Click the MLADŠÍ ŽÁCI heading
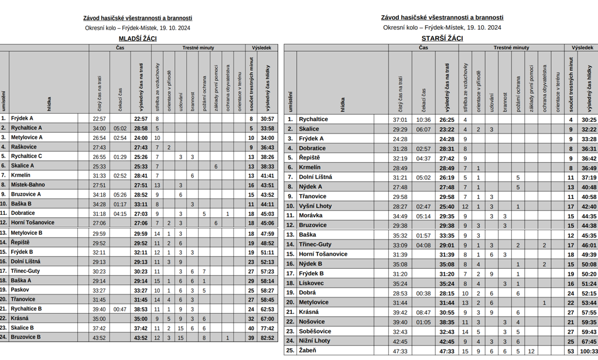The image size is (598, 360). click(x=138, y=39)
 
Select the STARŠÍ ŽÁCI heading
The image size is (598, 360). click(x=442, y=39)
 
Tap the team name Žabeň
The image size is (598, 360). click(x=307, y=351)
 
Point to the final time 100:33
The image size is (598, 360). click(x=589, y=351)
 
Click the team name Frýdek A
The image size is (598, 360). click(x=22, y=118)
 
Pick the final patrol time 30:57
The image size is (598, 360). click(x=267, y=119)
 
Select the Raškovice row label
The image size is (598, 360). click(x=23, y=147)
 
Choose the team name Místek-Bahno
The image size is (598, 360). click(x=28, y=185)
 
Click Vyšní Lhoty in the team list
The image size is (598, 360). click(x=315, y=206)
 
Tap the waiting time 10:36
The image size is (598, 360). click(x=423, y=120)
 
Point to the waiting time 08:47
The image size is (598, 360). click(x=423, y=313)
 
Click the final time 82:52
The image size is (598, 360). click(x=267, y=338)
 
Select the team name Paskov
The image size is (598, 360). click(x=20, y=290)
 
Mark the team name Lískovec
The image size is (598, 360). click(x=311, y=283)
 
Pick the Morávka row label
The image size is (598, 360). click(x=310, y=215)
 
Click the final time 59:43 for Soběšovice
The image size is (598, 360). click(x=589, y=332)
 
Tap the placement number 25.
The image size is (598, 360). click(x=289, y=351)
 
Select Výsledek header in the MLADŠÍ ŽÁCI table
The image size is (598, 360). click(x=261, y=47)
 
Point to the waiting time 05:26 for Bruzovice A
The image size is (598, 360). click(x=120, y=195)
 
